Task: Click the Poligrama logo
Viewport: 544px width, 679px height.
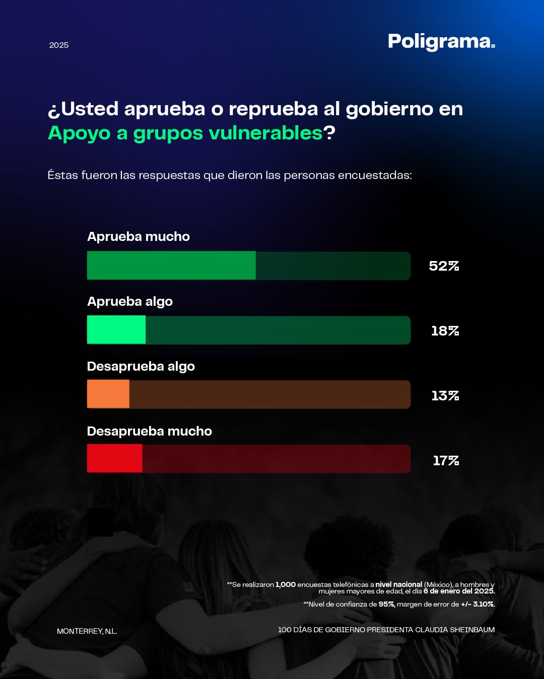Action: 441,42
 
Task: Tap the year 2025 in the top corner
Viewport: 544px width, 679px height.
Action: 59,45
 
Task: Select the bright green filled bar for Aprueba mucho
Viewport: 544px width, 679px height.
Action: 171,266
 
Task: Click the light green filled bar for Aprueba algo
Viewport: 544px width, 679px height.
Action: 116,330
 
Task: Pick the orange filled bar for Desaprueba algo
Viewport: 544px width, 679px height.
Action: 108,394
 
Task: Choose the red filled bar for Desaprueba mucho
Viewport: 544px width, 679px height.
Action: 115,459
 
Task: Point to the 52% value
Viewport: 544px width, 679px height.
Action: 444,266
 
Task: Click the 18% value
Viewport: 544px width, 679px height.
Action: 445,331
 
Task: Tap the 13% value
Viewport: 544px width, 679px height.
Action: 445,396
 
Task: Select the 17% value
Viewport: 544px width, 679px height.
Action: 446,461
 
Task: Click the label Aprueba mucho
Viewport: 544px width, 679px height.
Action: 139,236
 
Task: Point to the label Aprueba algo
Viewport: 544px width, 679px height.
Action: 130,301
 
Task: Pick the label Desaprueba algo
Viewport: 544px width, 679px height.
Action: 141,366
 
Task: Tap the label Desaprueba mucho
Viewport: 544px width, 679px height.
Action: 150,431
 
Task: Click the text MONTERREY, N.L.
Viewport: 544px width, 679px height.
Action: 87,631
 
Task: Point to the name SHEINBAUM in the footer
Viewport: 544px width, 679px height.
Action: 472,630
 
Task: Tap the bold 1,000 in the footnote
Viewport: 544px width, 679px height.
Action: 286,584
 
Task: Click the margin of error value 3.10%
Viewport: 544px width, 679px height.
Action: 483,604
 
